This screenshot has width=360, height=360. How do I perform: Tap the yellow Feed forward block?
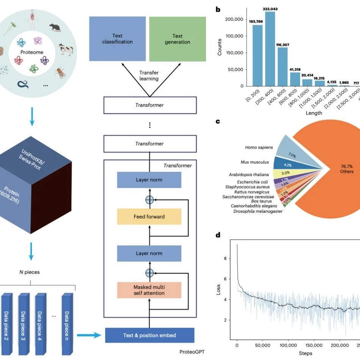point(149,217)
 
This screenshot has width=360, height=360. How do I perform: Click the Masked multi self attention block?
point(149,289)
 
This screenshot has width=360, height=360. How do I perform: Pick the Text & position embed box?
point(149,335)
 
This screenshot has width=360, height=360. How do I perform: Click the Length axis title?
point(314,113)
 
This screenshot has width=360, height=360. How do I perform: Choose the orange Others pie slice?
point(334,167)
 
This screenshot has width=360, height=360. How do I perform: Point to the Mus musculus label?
point(255,162)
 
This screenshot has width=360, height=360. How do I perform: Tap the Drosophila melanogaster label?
point(258,211)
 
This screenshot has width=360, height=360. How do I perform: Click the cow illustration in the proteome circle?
point(65,49)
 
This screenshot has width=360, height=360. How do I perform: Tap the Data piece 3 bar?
point(24,321)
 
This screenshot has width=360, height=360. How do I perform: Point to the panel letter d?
point(218,235)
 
